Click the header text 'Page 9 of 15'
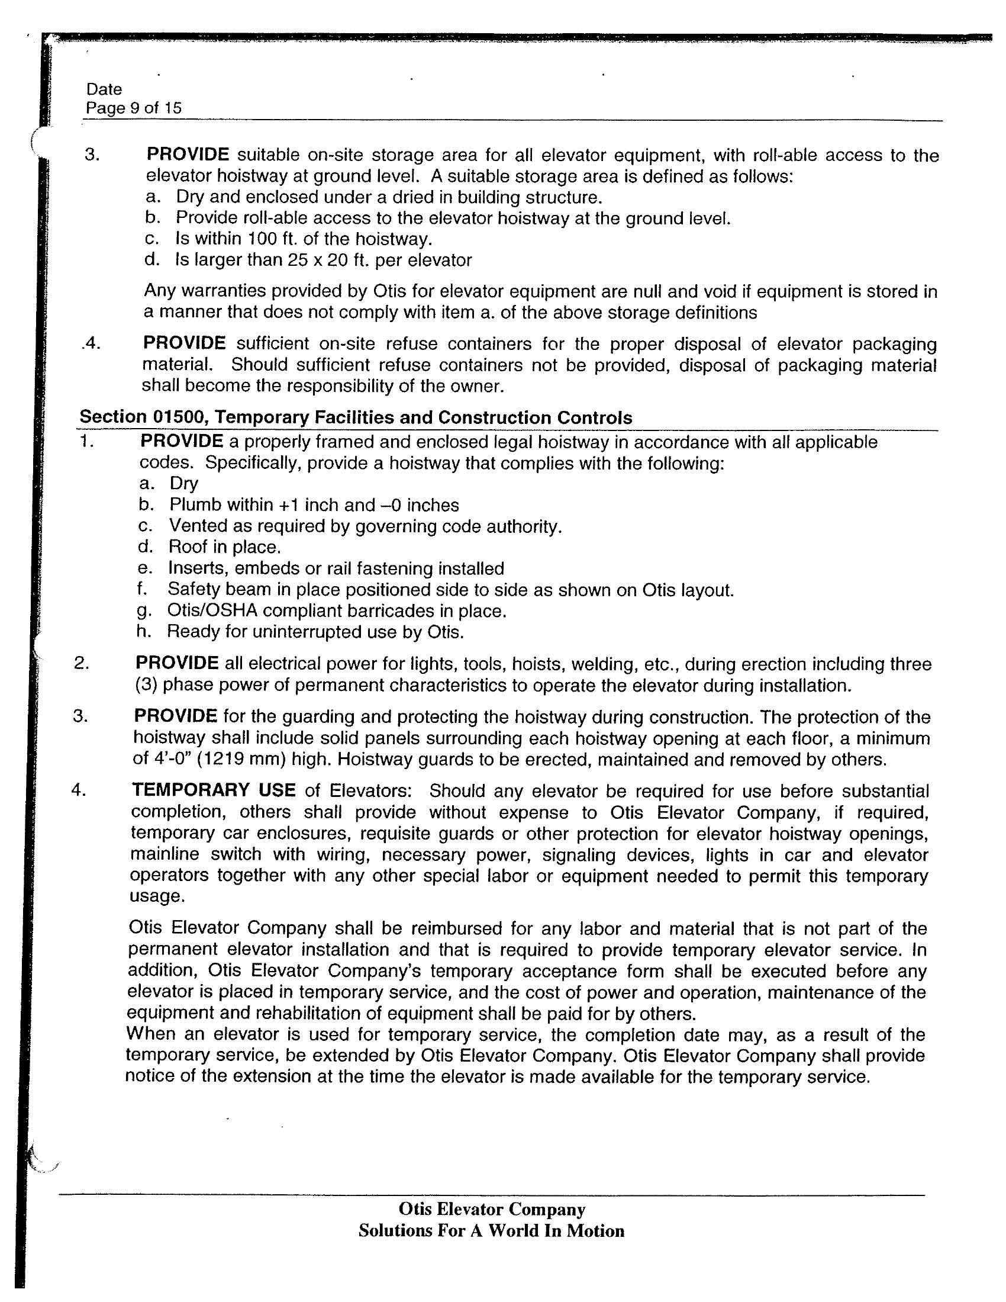click(x=134, y=108)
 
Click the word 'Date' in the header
click(x=104, y=89)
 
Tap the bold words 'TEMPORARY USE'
click(x=214, y=790)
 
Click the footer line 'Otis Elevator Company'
click(x=492, y=1209)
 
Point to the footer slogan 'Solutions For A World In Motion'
click(x=491, y=1230)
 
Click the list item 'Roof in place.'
click(x=224, y=546)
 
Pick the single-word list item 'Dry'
click(x=183, y=483)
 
